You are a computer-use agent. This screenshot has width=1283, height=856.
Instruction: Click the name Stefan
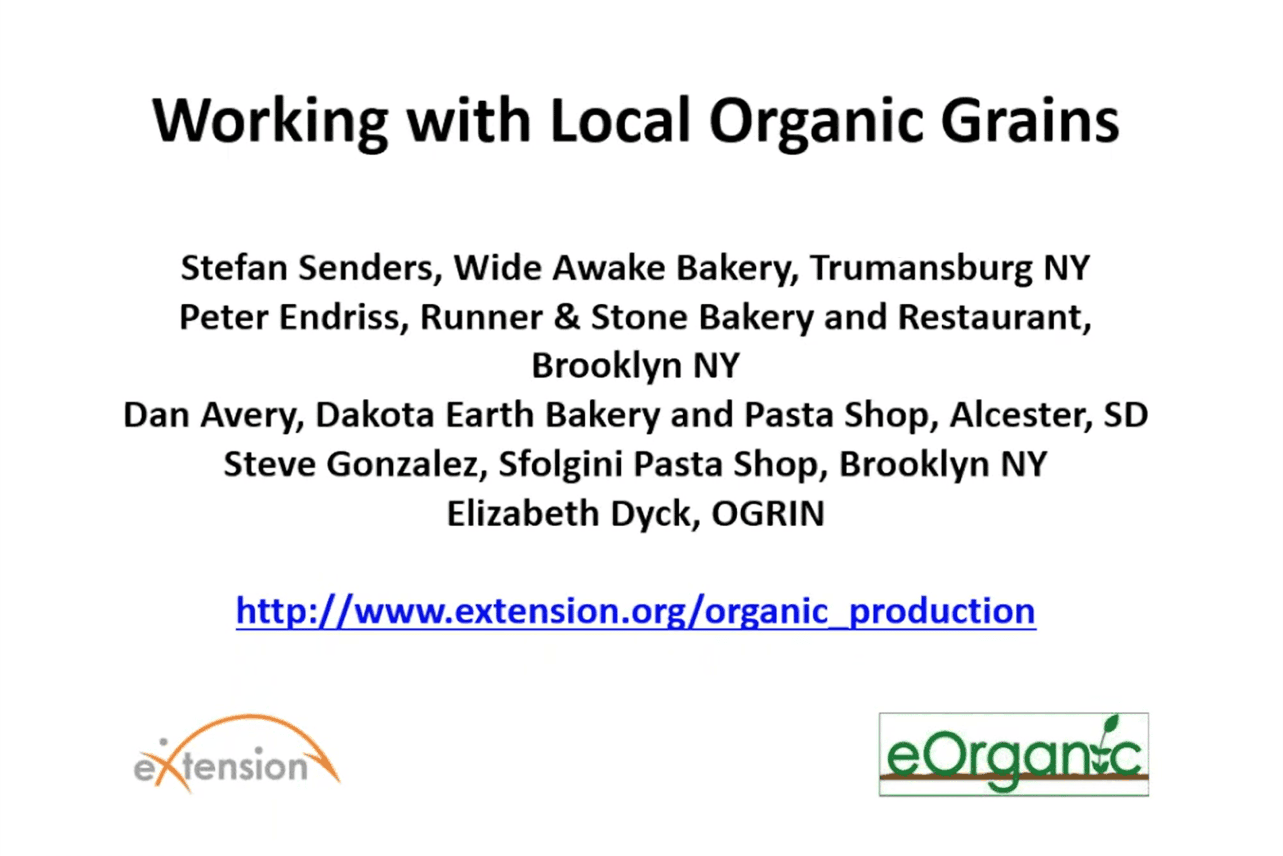click(234, 268)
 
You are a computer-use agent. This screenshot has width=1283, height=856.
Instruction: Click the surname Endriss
click(344, 317)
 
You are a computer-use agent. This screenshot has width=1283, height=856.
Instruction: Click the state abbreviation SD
click(1126, 415)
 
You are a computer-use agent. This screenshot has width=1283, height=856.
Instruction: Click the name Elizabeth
click(523, 514)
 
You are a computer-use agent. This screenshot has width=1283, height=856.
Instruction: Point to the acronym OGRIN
click(768, 514)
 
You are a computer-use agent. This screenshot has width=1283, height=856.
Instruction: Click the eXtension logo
click(237, 754)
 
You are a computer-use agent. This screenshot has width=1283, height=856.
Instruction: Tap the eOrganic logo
click(1014, 754)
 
